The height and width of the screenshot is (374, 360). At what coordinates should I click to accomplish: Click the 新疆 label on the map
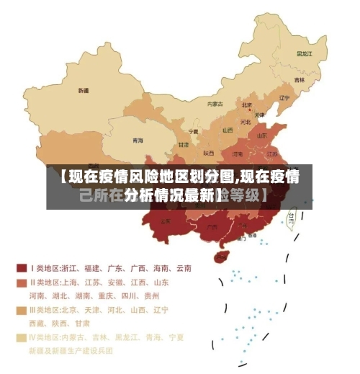pos(84,91)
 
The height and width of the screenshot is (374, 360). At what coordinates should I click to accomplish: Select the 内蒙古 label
pos(215,104)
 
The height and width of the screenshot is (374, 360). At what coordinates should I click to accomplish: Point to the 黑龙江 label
pos(305,53)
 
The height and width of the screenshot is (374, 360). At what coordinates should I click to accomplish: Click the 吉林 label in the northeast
pos(299,79)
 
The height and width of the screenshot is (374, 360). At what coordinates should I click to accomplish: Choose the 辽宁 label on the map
pos(284,98)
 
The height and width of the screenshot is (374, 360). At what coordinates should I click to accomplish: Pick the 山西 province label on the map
pos(228,130)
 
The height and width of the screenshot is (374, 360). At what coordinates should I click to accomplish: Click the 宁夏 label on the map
pos(193,132)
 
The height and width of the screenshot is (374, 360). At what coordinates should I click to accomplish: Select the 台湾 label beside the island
pos(292,215)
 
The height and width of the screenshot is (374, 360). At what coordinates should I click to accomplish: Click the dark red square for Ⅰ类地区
pos(22,268)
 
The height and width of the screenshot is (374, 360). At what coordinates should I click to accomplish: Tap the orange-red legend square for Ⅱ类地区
pos(22,282)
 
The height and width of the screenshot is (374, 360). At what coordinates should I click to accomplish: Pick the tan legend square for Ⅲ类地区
pos(22,310)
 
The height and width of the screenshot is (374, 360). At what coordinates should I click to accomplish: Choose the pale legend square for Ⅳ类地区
pos(22,337)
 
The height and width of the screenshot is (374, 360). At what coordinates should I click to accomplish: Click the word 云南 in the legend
pos(183,268)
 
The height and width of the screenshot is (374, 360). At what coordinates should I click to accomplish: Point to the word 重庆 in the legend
pos(108,295)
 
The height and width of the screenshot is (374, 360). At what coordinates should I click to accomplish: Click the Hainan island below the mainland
pos(221,257)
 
